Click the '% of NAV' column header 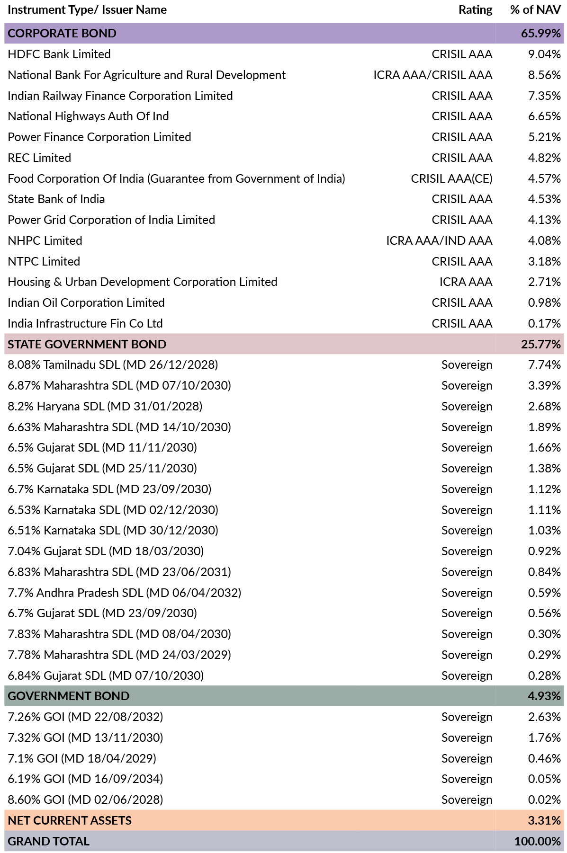tap(535, 10)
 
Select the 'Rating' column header tap(475, 10)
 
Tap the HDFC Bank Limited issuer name tap(59, 54)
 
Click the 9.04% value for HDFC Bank tap(544, 54)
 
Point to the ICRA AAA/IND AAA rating tap(439, 241)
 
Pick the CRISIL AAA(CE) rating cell tap(451, 179)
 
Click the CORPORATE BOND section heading tap(62, 34)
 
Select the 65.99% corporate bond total tap(541, 34)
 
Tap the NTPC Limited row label tap(44, 262)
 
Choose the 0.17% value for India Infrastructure tap(544, 324)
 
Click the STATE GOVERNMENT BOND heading tap(87, 345)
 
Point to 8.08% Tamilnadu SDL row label tap(113, 365)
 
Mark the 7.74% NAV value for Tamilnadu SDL tap(544, 365)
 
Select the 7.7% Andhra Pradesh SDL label tap(125, 593)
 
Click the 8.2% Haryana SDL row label tap(105, 407)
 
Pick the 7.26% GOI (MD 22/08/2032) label tap(85, 717)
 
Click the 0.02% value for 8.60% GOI tap(544, 800)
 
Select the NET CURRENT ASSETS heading tap(70, 821)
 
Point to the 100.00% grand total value tap(538, 842)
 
